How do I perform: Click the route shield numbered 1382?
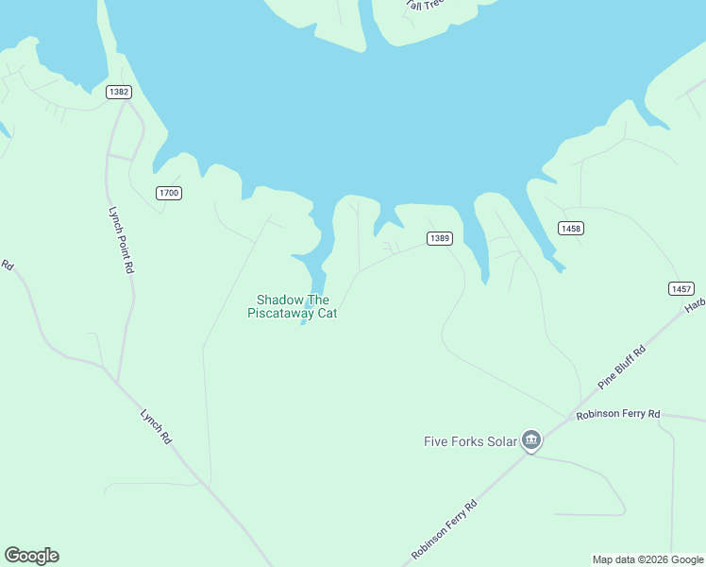119,92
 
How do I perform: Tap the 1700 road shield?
169,193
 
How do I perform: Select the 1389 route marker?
440,238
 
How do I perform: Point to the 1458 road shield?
571,228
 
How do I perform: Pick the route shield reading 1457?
681,288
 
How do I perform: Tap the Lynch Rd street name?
156,426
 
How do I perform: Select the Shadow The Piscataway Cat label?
293,306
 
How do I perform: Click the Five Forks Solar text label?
469,440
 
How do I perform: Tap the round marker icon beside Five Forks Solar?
531,440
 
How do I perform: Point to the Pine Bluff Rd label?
621,368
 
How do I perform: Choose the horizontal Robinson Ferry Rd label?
618,414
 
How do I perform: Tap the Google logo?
31,556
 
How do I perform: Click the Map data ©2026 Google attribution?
647,559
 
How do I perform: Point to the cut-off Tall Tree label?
425,5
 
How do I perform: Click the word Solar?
502,440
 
